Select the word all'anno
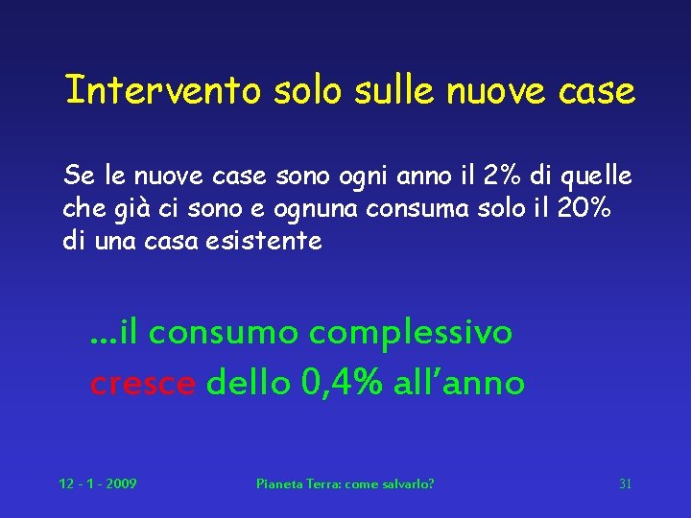pyautogui.click(x=462, y=383)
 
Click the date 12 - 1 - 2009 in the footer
pyautogui.click(x=97, y=483)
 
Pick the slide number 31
pyautogui.click(x=625, y=483)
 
